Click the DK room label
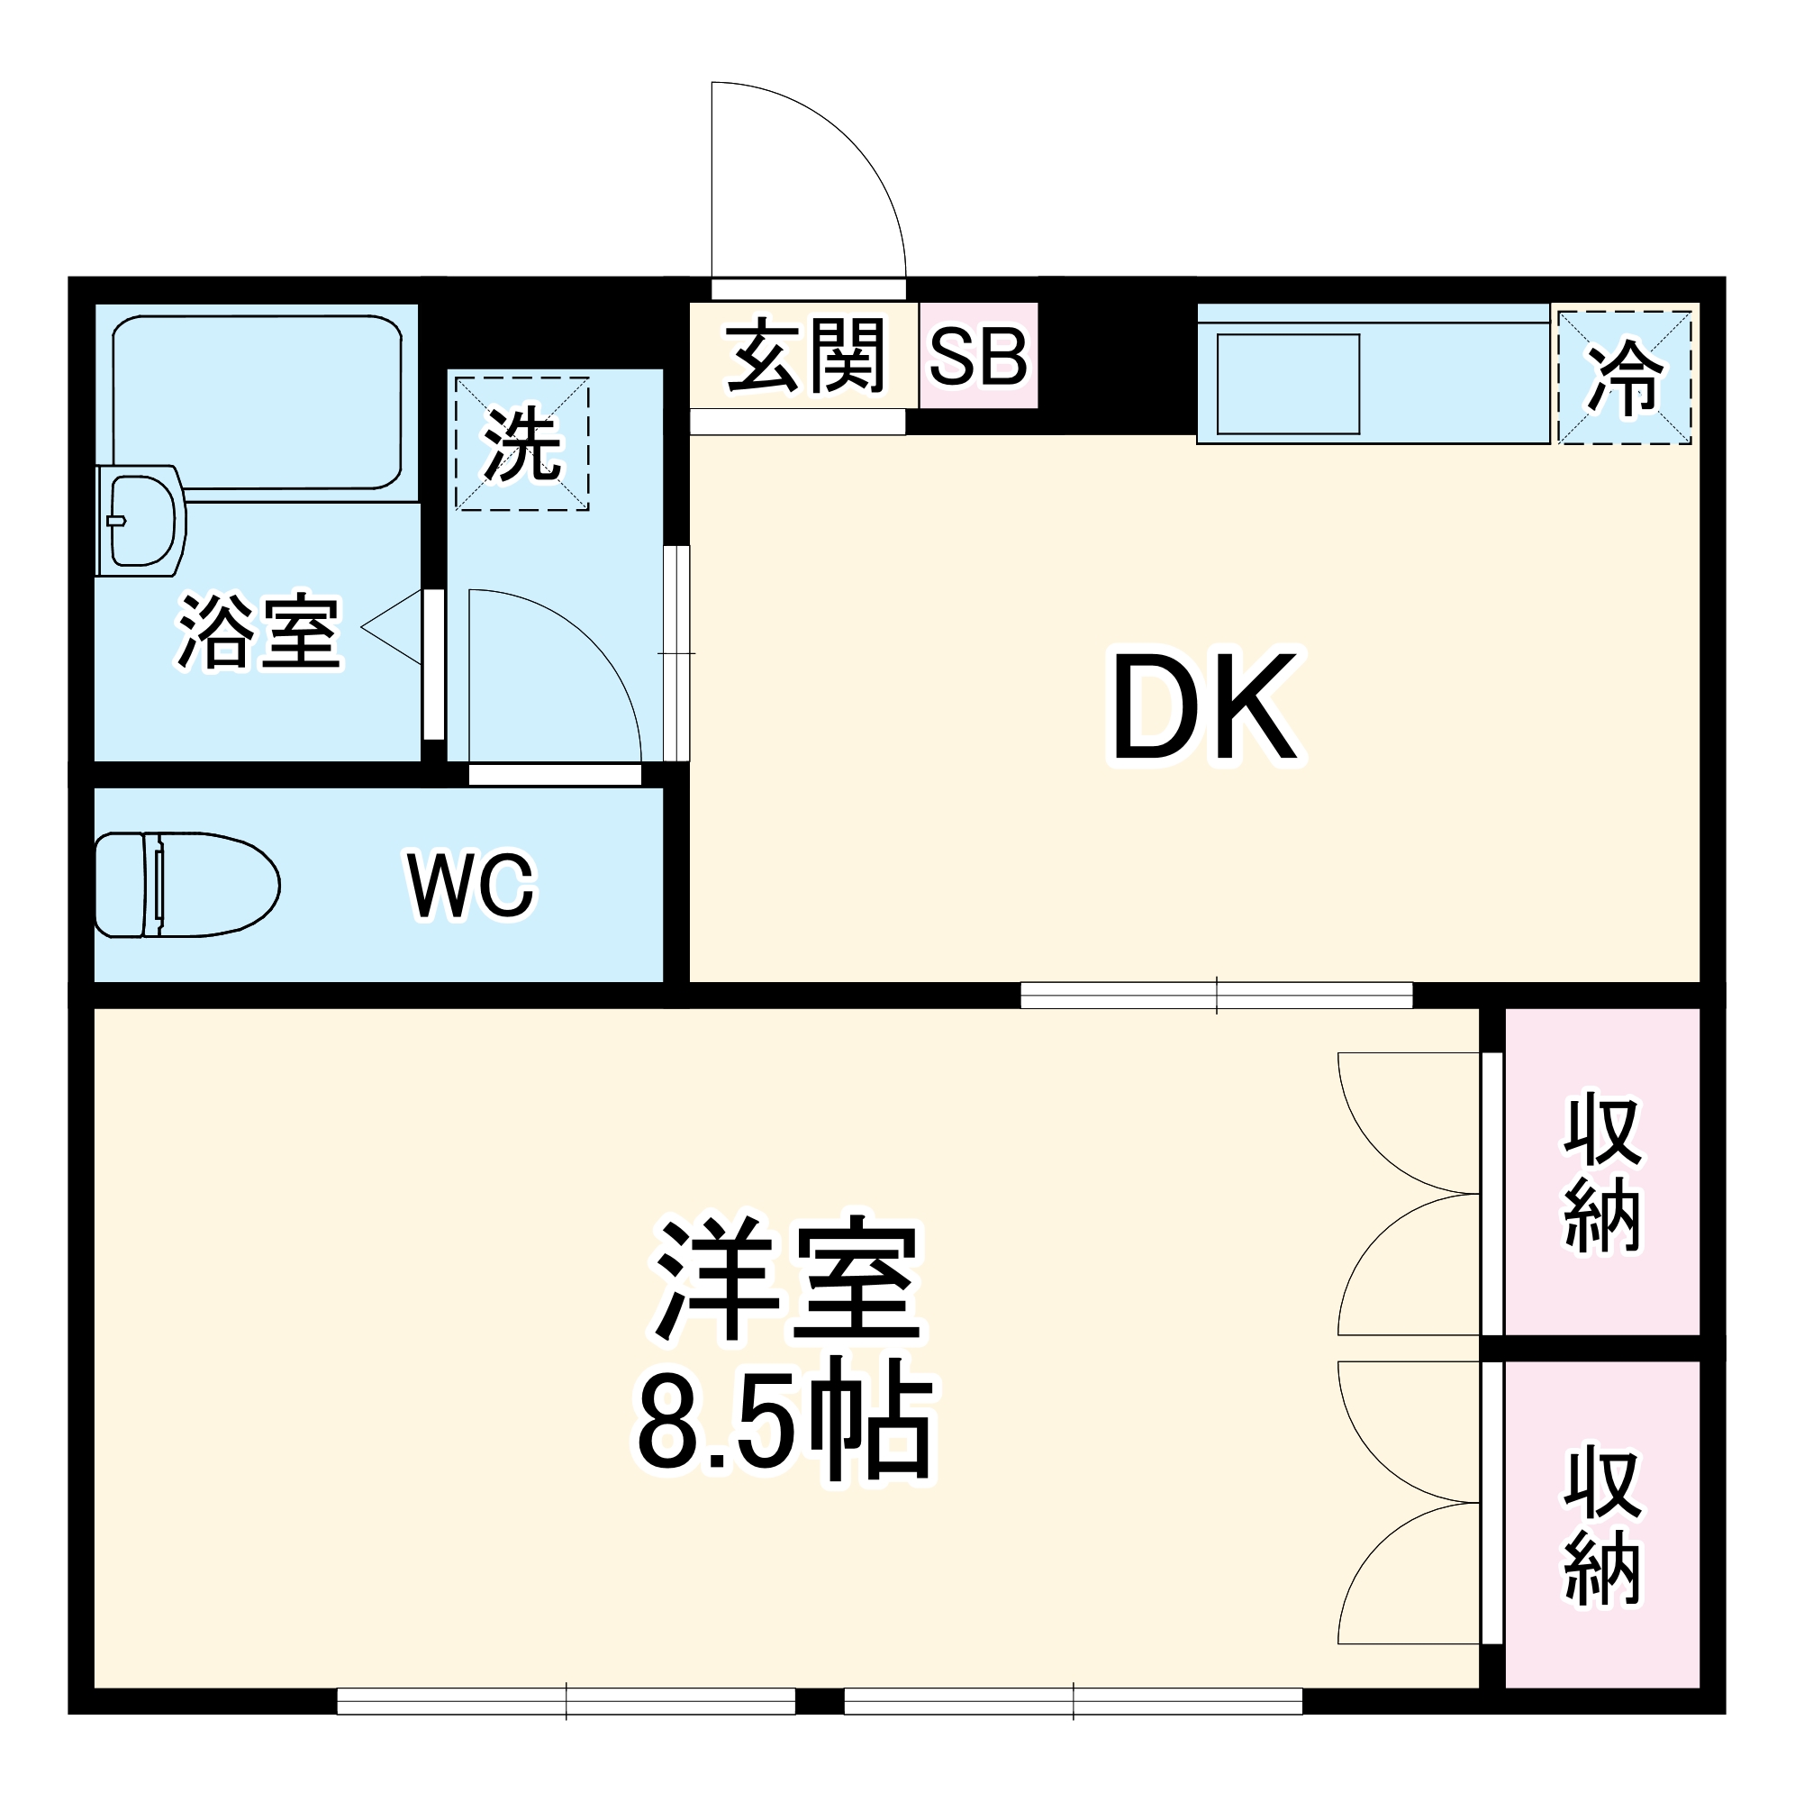pyautogui.click(x=1204, y=707)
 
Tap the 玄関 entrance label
pyautogui.click(x=803, y=355)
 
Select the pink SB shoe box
pyautogui.click(x=978, y=356)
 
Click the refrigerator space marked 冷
pyautogui.click(x=1624, y=378)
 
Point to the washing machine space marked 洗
pyautogui.click(x=521, y=445)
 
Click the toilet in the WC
pyautogui.click(x=186, y=884)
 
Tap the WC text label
pyautogui.click(x=471, y=884)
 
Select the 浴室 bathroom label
pyautogui.click(x=259, y=632)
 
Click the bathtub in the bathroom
pyautogui.click(x=257, y=401)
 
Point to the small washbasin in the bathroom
pyautogui.click(x=141, y=520)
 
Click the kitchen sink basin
pyautogui.click(x=1287, y=383)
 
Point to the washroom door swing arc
pyautogui.click(x=578, y=653)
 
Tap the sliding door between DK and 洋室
pyautogui.click(x=1216, y=996)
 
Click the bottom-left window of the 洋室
pyautogui.click(x=565, y=1701)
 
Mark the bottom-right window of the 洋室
pyautogui.click(x=1073, y=1701)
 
